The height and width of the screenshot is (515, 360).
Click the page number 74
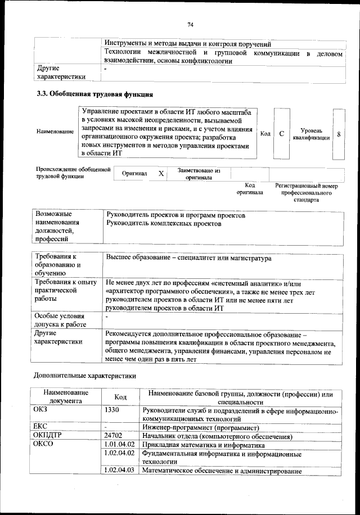[190, 25]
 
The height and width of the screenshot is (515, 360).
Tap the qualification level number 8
[339, 134]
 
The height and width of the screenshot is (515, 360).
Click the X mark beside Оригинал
[161, 174]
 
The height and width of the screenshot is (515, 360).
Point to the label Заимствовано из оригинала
[199, 174]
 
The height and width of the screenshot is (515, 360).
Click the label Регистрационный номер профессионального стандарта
[306, 192]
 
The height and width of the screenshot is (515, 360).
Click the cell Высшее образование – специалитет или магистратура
[188, 259]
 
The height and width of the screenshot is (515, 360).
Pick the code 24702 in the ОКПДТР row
[114, 435]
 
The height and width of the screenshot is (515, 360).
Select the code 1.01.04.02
[119, 444]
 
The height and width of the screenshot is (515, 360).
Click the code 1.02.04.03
[119, 471]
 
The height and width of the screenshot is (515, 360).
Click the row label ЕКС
[40, 427]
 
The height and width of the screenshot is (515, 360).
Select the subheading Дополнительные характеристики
[84, 374]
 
